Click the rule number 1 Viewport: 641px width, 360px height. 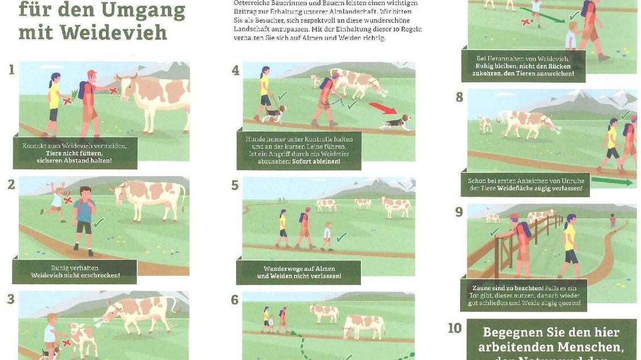[x=11, y=70]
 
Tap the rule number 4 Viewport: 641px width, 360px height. [x=235, y=71]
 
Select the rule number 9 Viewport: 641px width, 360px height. [x=459, y=212]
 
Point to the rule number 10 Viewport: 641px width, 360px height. [x=455, y=328]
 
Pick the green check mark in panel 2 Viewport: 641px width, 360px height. [x=99, y=222]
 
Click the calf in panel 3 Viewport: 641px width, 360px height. [x=82, y=339]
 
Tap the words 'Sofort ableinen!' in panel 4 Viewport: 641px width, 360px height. [x=316, y=162]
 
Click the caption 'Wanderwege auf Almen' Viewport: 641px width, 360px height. [x=299, y=269]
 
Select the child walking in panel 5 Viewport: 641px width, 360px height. [x=327, y=236]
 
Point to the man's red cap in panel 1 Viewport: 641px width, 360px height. [x=92, y=73]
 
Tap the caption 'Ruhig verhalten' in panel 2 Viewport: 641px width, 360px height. [x=75, y=268]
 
